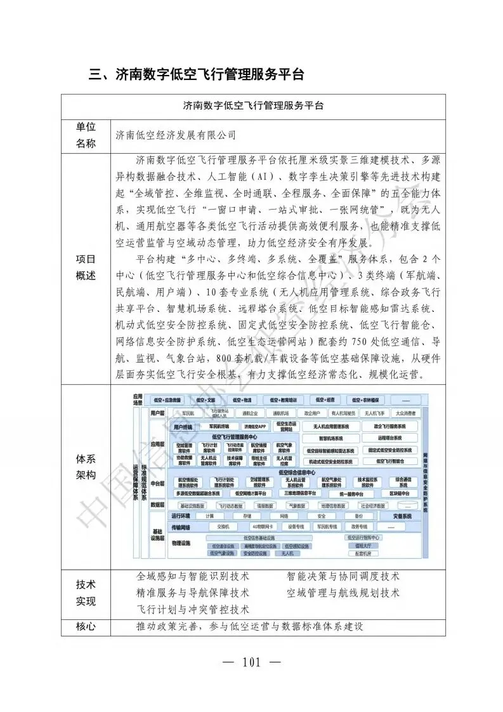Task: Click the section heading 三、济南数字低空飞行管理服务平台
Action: coord(197,75)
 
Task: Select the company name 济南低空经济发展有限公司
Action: coord(176,135)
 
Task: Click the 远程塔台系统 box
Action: coord(390,438)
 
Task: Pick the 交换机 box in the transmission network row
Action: coord(223,527)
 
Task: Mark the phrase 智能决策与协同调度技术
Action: coord(343,577)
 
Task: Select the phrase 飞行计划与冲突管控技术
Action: coord(193,609)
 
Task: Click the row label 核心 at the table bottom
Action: coord(86,626)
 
